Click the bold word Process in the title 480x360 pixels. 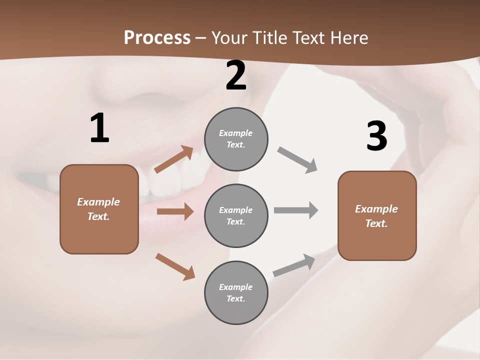click(x=157, y=38)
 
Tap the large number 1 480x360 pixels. click(x=99, y=128)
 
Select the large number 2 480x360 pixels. click(x=236, y=76)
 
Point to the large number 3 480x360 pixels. click(x=377, y=136)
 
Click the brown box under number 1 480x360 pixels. click(x=99, y=235)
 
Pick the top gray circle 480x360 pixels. click(x=236, y=139)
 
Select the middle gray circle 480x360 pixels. click(x=236, y=216)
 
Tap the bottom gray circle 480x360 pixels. click(x=236, y=293)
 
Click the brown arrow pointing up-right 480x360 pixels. click(x=174, y=159)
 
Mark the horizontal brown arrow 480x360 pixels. click(x=175, y=211)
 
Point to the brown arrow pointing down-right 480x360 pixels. click(x=175, y=266)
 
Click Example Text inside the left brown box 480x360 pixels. click(x=98, y=209)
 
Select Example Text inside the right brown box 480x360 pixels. click(x=376, y=216)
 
